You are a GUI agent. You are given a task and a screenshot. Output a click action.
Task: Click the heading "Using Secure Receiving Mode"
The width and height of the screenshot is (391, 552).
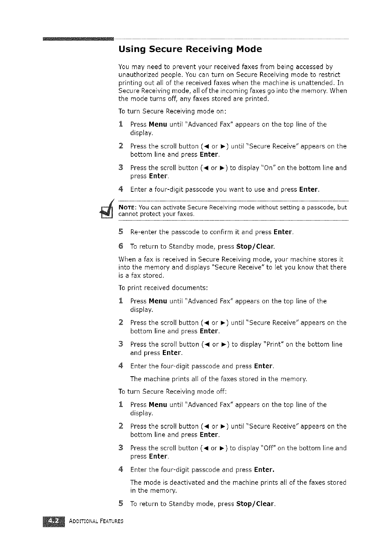pyautogui.click(x=190, y=49)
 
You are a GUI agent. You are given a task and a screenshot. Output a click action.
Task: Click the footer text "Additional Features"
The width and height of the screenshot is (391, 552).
pyautogui.click(x=96, y=521)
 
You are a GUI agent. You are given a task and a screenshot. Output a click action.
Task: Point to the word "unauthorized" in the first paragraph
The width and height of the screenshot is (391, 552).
pyautogui.click(x=138, y=74)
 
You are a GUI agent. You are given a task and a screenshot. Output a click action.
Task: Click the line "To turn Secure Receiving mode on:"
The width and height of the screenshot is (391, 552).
pyautogui.click(x=172, y=111)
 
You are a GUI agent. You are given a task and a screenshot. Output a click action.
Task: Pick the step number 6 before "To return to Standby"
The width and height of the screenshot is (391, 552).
pyautogui.click(x=121, y=246)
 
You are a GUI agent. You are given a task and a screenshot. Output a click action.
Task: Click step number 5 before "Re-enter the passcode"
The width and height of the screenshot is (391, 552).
pyautogui.click(x=121, y=232)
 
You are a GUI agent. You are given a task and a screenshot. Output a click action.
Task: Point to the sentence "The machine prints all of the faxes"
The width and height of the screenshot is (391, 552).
pyautogui.click(x=218, y=379)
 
